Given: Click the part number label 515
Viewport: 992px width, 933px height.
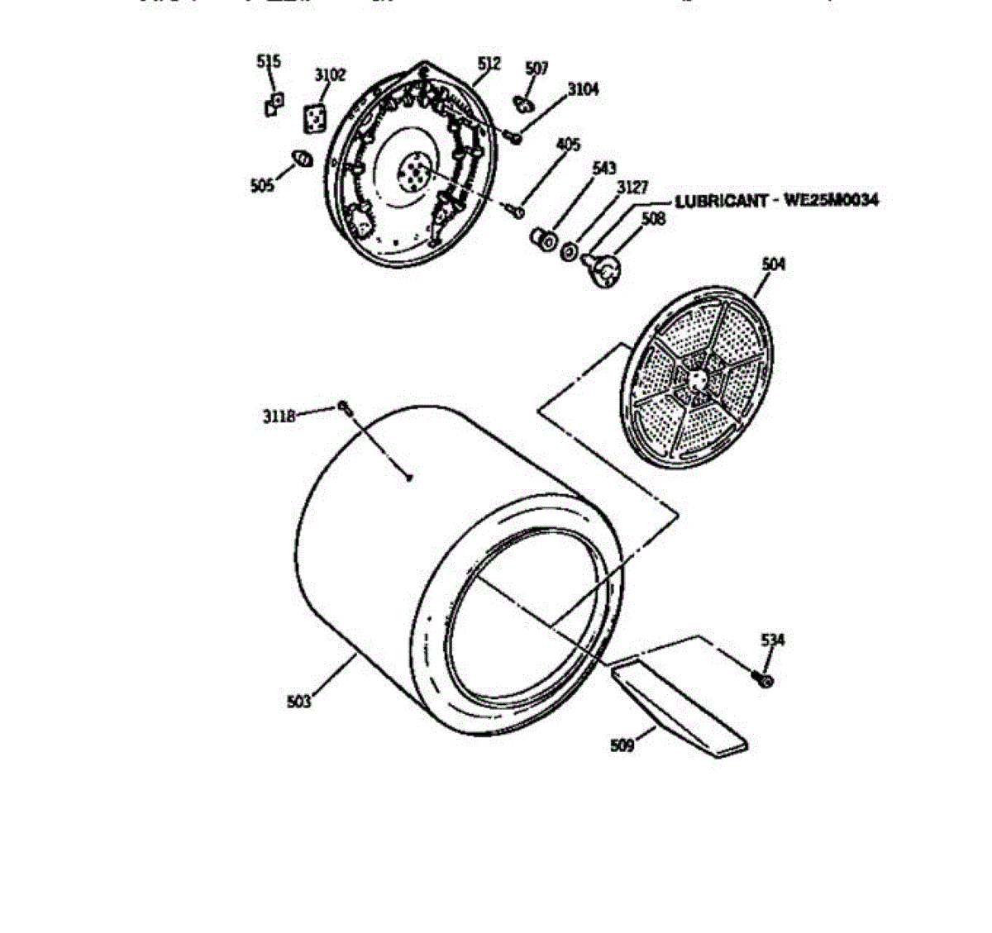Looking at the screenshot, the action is pos(268,61).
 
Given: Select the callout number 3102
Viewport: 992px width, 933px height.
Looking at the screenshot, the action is pos(330,75).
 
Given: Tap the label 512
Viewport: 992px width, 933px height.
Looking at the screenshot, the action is pos(489,63).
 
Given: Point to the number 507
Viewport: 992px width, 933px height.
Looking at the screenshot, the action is pos(537,69).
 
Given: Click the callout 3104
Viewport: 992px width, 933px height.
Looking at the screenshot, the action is pos(583,89).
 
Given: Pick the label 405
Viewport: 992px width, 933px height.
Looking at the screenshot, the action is pos(567,145).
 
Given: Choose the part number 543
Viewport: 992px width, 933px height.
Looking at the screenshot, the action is pos(604,169).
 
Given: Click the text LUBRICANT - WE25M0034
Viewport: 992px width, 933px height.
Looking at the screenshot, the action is pos(777,201).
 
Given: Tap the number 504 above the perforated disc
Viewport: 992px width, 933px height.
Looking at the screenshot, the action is pos(774,264).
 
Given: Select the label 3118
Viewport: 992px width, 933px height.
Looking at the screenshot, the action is pos(279,417).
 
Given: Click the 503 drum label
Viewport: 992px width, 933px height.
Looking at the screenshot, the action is pos(299,702).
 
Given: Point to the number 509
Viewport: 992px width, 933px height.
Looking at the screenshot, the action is pos(622,745).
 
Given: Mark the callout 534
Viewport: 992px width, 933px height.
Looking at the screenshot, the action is pos(773,640).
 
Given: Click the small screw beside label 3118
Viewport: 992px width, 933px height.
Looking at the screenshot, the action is pos(344,407).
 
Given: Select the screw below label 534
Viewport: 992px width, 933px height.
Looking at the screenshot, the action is pos(765,679).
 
